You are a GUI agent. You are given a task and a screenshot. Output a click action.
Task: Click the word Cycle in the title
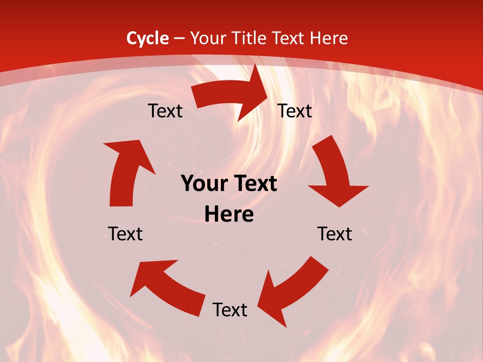[x=147, y=38]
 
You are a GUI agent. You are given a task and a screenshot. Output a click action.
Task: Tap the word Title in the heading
[x=248, y=38]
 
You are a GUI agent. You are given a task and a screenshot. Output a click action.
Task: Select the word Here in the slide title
[x=329, y=38]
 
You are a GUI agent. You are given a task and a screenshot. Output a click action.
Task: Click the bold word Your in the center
[x=204, y=184]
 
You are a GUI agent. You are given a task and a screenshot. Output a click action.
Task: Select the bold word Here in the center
[x=229, y=215]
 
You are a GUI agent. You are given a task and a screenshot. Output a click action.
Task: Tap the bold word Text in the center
[x=254, y=184]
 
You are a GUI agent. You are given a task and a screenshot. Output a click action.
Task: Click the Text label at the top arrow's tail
[x=165, y=111]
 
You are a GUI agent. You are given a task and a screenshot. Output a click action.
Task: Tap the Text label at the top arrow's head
[x=295, y=111]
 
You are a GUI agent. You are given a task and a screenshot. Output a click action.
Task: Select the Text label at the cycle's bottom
[x=230, y=310]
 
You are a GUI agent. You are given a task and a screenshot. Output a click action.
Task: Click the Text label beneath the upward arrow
[x=125, y=234]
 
